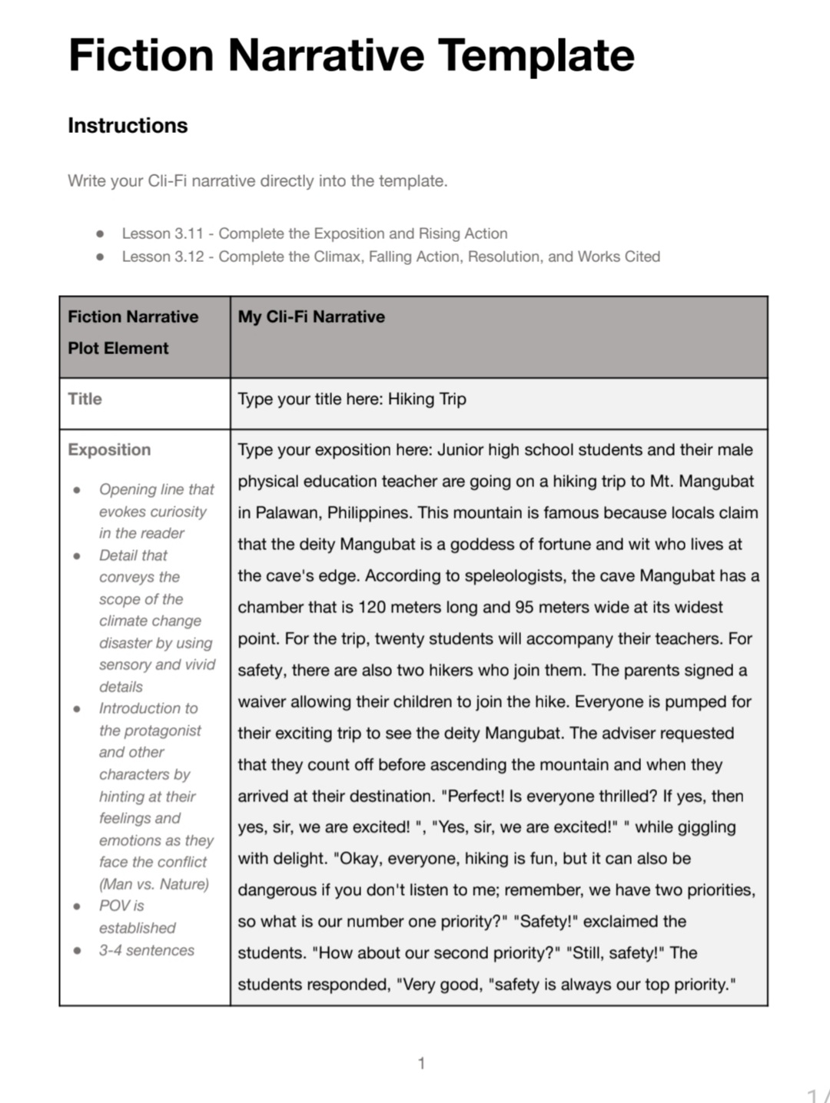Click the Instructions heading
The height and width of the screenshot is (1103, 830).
point(128,125)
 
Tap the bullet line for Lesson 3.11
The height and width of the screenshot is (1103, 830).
point(314,234)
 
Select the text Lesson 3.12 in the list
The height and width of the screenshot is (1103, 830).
point(163,257)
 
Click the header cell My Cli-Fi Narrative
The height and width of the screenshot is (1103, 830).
point(311,316)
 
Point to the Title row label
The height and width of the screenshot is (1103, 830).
point(85,399)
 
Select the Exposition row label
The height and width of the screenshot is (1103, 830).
point(109,449)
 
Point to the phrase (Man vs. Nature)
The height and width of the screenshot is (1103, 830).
point(154,884)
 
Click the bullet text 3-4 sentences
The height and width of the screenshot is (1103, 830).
point(146,950)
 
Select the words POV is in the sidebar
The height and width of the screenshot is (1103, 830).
point(121,906)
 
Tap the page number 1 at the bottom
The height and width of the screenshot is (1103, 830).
point(421,1063)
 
